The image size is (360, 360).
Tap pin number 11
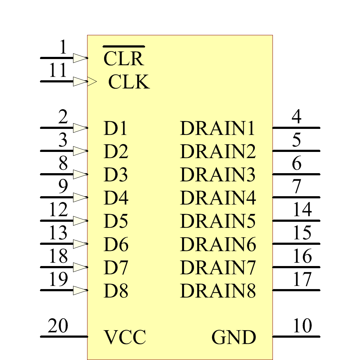(x=58, y=70)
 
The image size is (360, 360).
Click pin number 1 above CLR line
(x=63, y=47)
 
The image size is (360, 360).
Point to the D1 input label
(x=116, y=129)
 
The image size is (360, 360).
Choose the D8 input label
(x=116, y=291)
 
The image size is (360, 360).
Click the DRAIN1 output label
(x=218, y=129)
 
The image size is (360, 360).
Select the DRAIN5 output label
(x=218, y=221)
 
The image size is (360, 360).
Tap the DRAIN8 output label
(x=218, y=291)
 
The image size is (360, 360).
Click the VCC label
(x=125, y=337)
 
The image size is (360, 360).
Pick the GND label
(x=234, y=337)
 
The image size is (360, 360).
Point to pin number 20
(x=58, y=326)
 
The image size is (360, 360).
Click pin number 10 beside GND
(x=302, y=326)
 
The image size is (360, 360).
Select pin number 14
(x=302, y=210)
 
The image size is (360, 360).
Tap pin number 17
(x=302, y=279)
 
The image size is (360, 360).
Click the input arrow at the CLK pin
(x=80, y=81)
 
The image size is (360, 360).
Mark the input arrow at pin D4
(x=80, y=197)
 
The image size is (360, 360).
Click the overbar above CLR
(x=123, y=47)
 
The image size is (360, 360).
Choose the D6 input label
(x=116, y=245)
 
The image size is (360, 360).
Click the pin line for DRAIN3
(x=296, y=174)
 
